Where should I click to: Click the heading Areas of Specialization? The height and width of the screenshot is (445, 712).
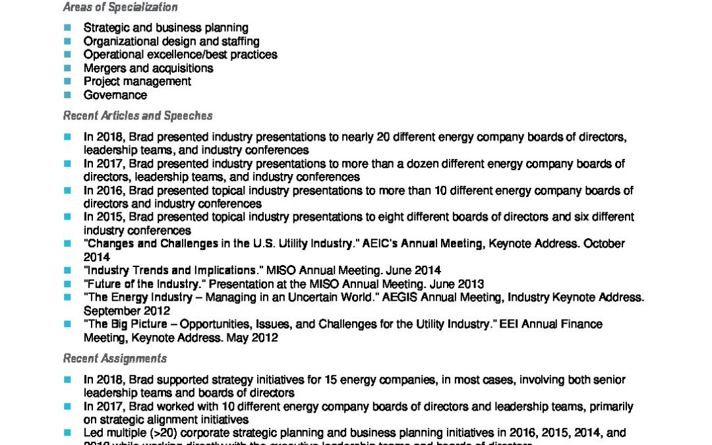coord(120,8)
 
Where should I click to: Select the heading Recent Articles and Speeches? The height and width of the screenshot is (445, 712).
coord(138,116)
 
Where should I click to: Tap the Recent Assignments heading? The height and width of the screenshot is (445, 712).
coord(115,359)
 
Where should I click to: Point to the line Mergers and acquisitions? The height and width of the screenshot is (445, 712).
coord(148,69)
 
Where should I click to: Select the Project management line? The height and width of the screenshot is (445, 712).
coord(137,82)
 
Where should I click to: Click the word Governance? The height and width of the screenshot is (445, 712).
coord(115,96)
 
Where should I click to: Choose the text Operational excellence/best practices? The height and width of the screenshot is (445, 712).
coord(180,55)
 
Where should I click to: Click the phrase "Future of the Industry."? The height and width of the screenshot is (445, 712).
coord(140,284)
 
